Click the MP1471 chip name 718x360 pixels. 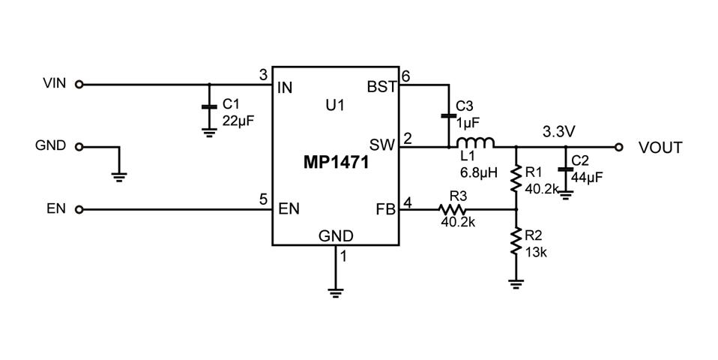point(336,163)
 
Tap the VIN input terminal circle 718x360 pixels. point(79,85)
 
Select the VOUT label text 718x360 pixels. point(660,148)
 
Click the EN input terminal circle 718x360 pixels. point(79,209)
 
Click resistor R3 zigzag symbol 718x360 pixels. point(453,210)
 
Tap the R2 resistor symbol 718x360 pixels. point(516,242)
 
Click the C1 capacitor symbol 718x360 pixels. point(209,107)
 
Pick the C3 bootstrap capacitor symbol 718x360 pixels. point(448,116)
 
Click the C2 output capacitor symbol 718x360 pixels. point(566,169)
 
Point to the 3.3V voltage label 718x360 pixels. point(558,132)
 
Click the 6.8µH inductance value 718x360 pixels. point(479,172)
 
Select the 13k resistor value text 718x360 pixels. point(536,253)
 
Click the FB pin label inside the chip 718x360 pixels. point(384,210)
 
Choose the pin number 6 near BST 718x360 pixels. point(406,76)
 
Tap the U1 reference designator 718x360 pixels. point(334,106)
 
